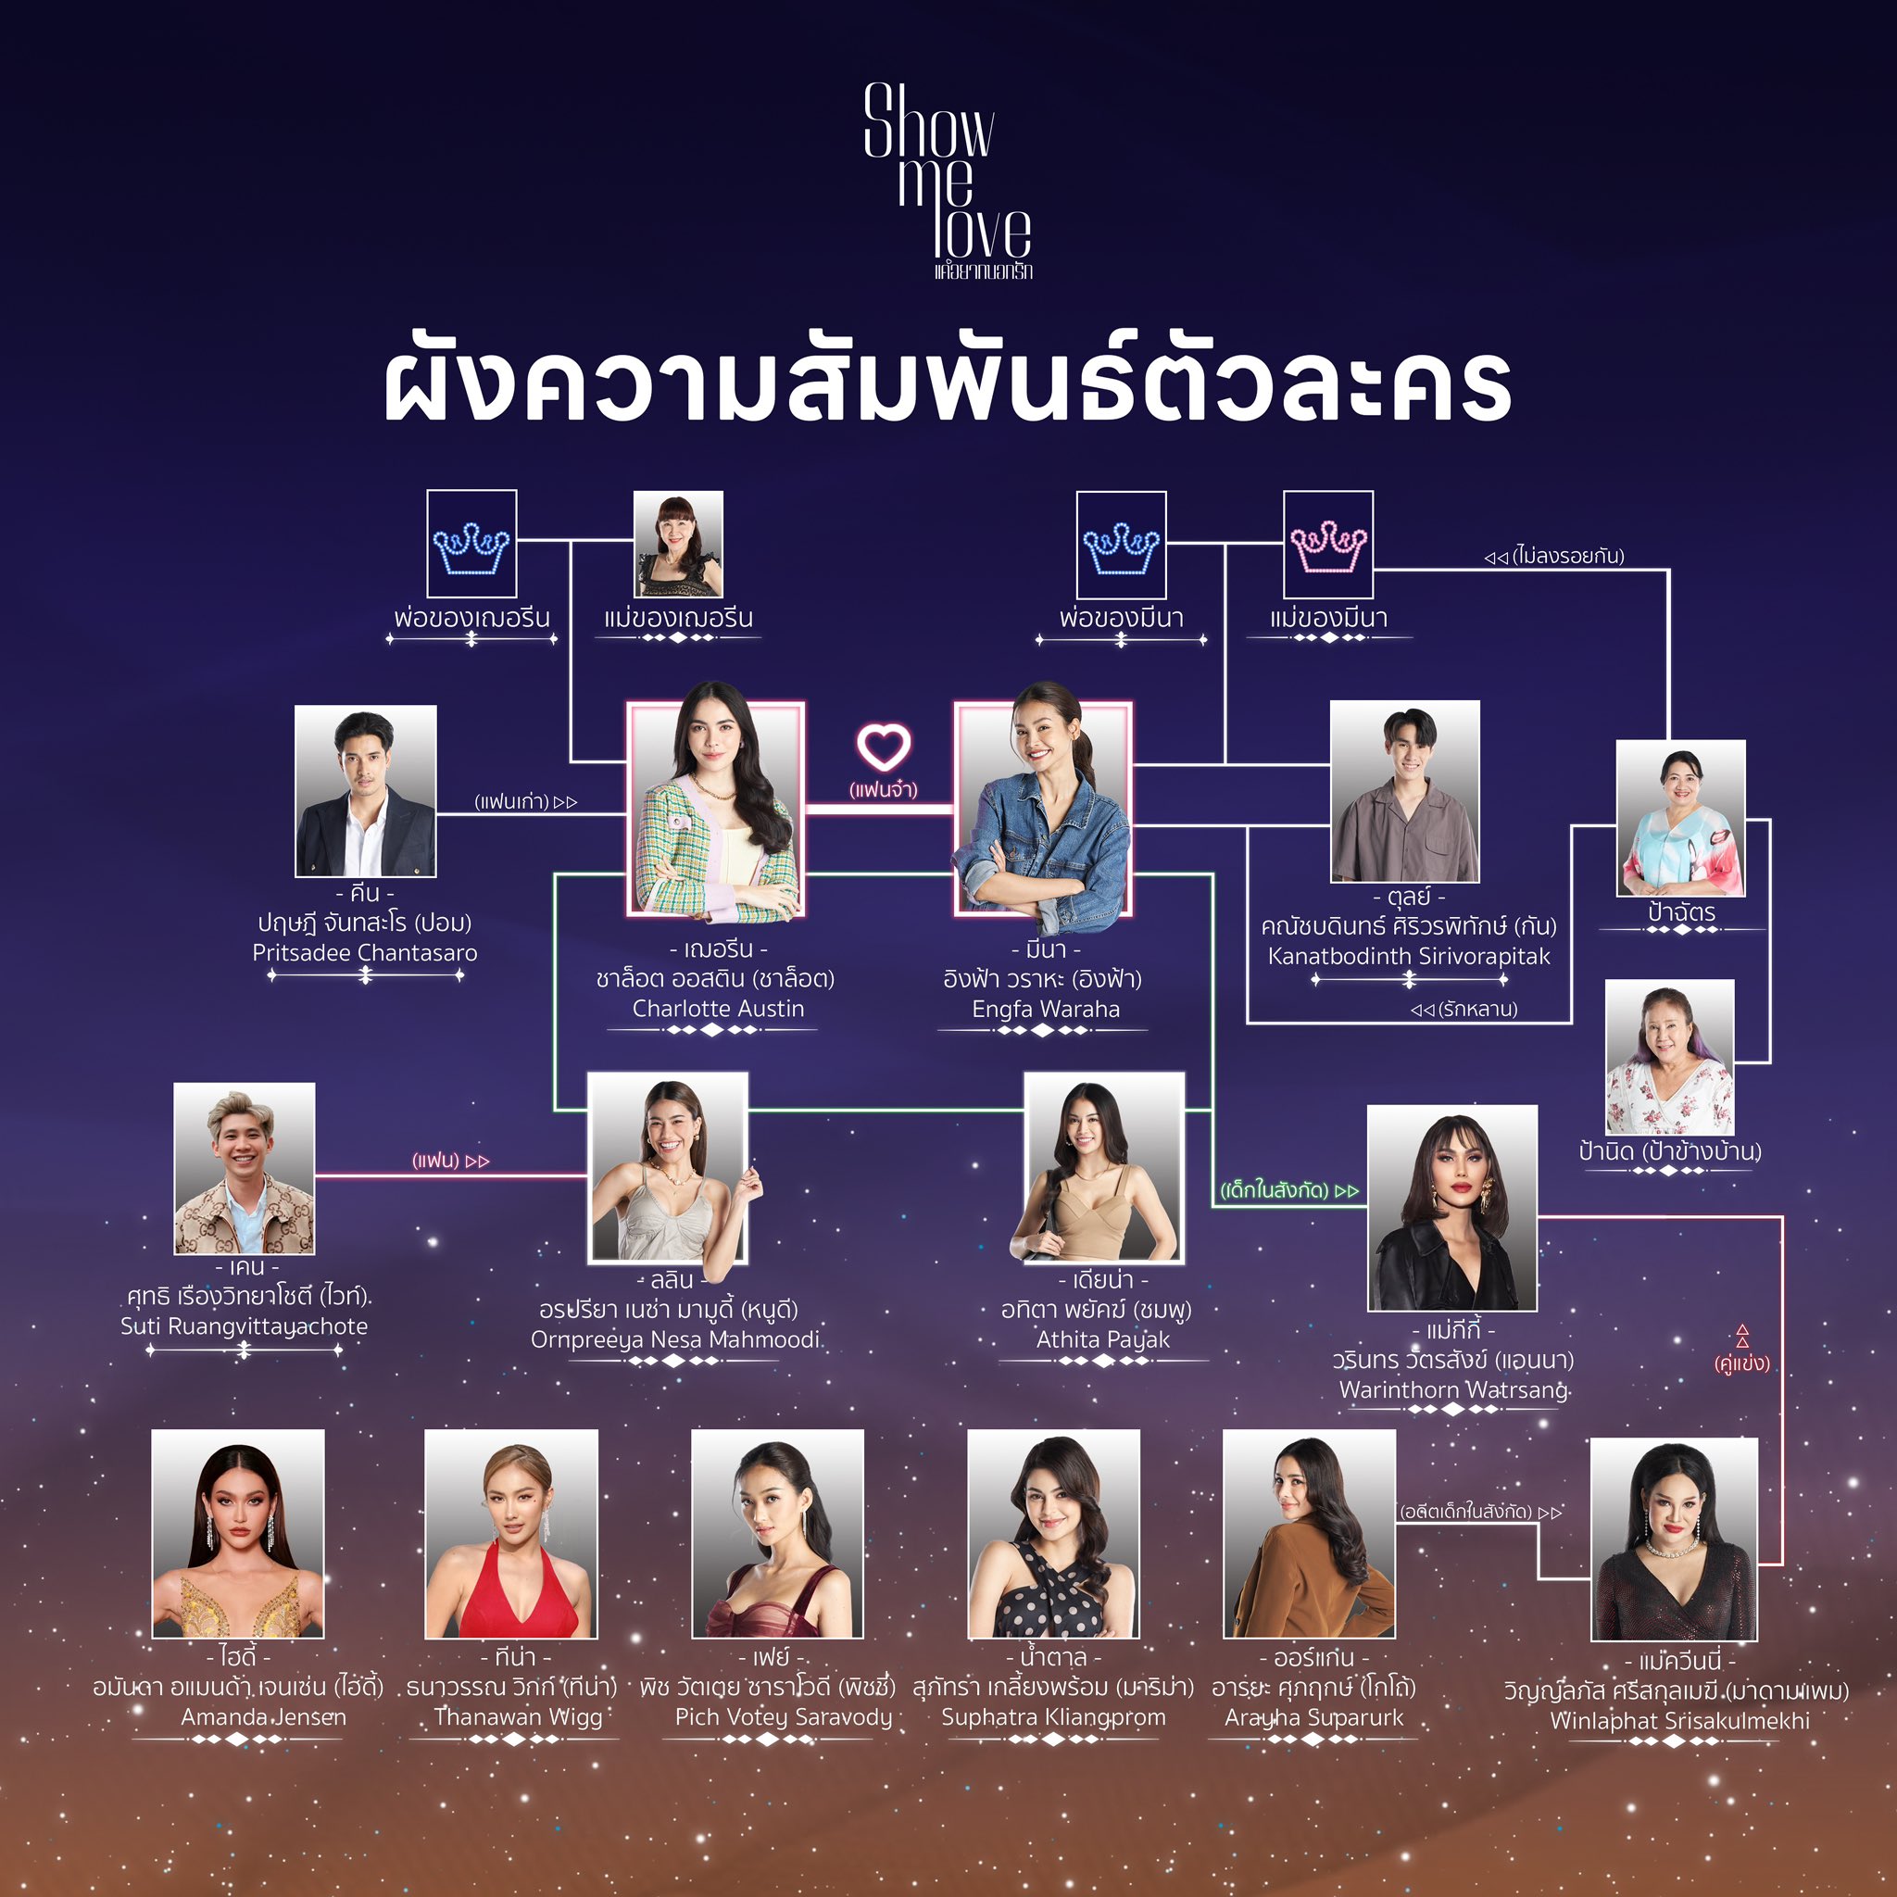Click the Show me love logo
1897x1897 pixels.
(x=948, y=182)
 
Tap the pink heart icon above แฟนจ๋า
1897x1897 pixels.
(x=884, y=748)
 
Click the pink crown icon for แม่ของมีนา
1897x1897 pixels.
(x=1327, y=545)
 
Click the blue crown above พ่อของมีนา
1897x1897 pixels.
(x=1122, y=545)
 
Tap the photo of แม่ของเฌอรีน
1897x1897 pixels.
(x=677, y=544)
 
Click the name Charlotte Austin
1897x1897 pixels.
(x=718, y=1009)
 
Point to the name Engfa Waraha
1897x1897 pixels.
(x=1046, y=1009)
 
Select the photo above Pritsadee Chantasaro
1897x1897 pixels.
(x=365, y=790)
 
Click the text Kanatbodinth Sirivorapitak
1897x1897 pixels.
(x=1409, y=955)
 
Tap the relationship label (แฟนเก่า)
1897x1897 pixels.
(x=525, y=801)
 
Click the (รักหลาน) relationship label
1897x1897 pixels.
(x=1464, y=1009)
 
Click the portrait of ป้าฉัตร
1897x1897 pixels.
(x=1681, y=818)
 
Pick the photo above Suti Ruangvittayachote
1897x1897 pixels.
(x=245, y=1168)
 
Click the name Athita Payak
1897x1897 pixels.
(x=1103, y=1339)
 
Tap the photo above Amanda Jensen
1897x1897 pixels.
(x=238, y=1534)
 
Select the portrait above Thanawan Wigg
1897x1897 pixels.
(x=510, y=1534)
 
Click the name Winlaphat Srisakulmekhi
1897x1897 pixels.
(x=1680, y=1720)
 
